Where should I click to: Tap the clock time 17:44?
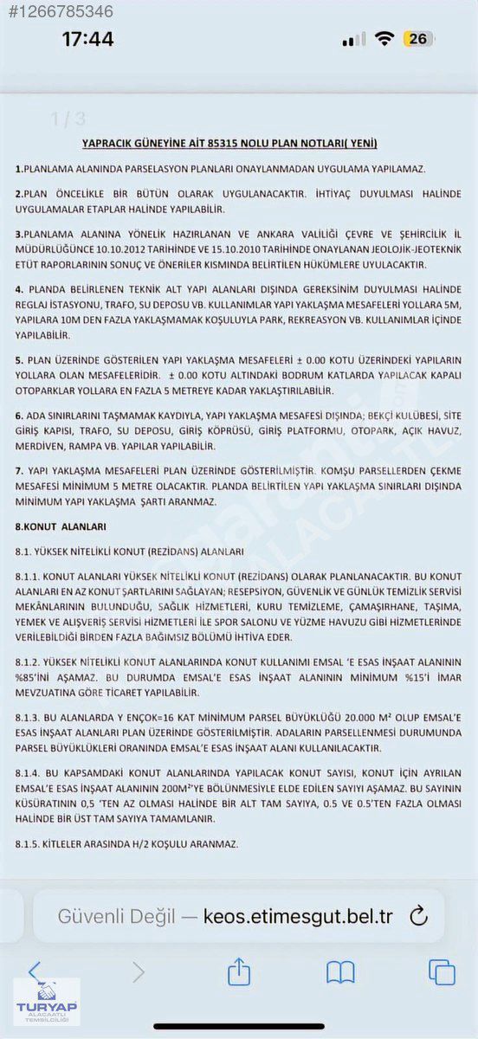pos(87,39)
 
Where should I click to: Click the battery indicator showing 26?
pos(419,39)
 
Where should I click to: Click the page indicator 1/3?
pos(68,119)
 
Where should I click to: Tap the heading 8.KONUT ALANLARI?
pos(61,526)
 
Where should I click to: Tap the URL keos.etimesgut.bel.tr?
pos(299,916)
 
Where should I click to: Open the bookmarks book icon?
pos(340,972)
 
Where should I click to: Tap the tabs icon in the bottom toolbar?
pos(442,972)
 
